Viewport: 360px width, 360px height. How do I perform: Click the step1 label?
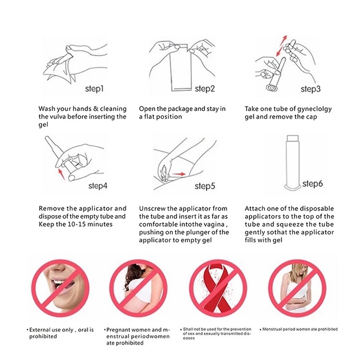click(x=95, y=89)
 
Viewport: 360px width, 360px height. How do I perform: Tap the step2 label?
click(x=204, y=89)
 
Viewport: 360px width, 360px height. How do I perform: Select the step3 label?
click(x=311, y=89)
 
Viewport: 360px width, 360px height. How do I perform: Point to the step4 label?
click(x=98, y=186)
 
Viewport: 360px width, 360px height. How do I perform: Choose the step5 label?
click(x=205, y=186)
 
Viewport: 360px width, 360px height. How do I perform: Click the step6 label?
click(x=312, y=183)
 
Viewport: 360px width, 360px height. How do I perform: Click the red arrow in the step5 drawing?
click(x=179, y=174)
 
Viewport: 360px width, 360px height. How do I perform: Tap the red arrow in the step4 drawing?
click(x=61, y=174)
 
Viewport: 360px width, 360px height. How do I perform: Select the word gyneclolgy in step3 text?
click(x=313, y=109)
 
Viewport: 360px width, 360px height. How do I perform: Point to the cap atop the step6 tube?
click(x=293, y=138)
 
